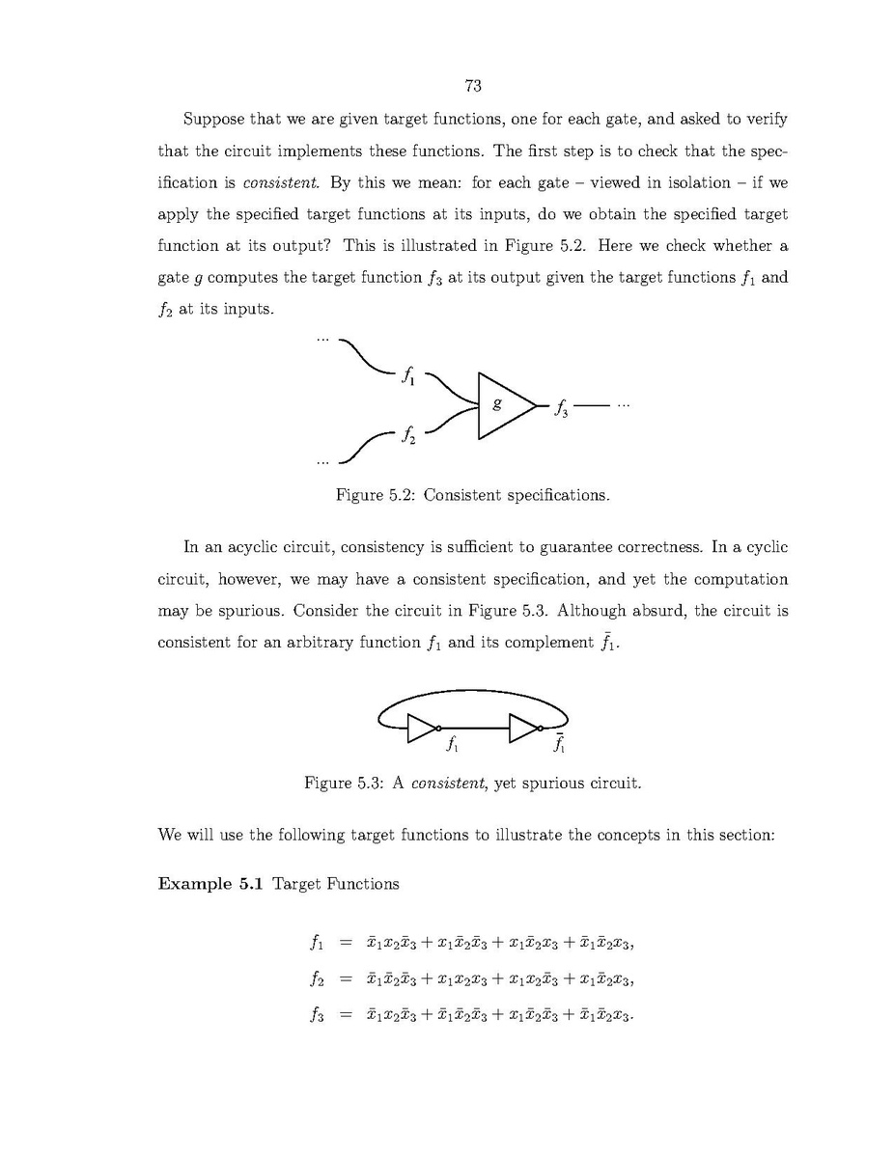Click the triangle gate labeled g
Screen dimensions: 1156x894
click(501, 405)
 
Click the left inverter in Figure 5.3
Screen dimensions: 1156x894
click(423, 728)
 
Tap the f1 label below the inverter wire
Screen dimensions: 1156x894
click(452, 745)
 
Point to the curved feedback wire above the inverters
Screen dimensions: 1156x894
click(473, 692)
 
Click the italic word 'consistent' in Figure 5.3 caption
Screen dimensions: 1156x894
click(449, 782)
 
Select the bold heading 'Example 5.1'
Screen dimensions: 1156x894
click(210, 884)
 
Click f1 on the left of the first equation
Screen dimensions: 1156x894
click(315, 943)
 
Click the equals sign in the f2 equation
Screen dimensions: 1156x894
click(345, 978)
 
